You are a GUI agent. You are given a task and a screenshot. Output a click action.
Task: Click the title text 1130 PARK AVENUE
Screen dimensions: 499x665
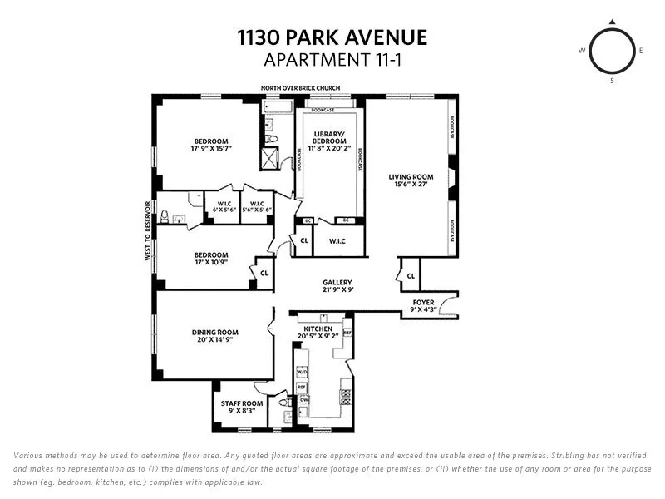point(332,37)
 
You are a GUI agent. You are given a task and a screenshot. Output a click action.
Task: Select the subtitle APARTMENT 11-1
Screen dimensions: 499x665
point(332,59)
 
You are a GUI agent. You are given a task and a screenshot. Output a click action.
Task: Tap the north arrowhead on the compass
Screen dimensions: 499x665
point(613,22)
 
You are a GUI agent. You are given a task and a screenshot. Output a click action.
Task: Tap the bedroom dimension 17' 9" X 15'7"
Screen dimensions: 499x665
point(211,150)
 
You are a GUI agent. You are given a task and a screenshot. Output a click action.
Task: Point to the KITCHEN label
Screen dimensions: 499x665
point(318,329)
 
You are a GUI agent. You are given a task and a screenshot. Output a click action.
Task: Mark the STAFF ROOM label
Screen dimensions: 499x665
point(242,403)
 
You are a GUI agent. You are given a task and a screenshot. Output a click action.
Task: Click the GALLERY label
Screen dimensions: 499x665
point(337,283)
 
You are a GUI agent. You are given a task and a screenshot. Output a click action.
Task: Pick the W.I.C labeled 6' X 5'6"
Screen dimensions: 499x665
point(224,209)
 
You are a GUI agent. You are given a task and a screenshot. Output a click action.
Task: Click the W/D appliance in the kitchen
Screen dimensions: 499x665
point(302,372)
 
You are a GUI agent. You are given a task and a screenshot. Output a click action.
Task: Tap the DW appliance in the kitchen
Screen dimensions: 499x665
point(304,399)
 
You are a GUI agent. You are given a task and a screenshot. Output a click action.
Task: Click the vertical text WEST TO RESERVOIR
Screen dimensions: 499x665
point(148,231)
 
